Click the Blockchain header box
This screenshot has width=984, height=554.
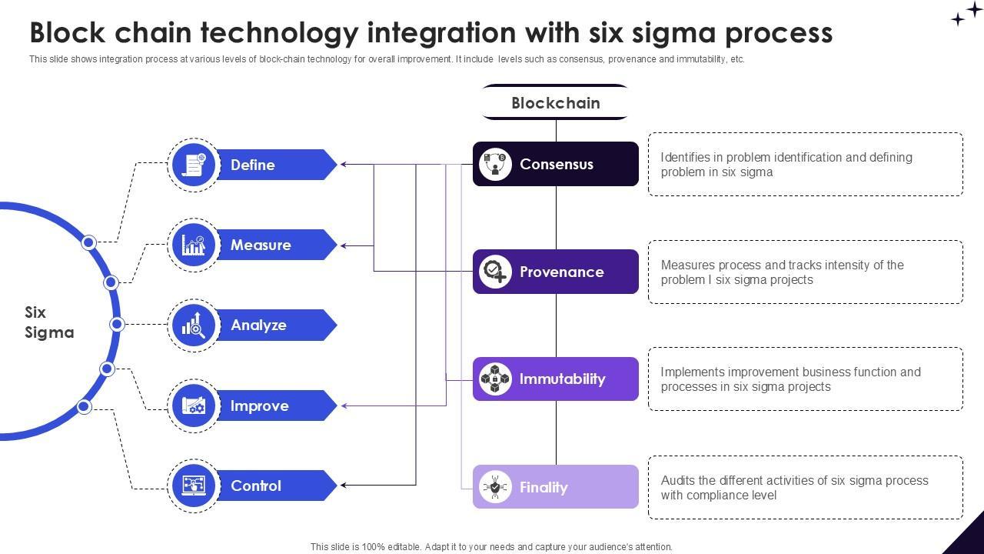556,102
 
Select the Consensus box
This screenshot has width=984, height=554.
556,164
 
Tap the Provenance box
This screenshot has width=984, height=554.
556,272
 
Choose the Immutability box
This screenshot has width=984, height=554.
556,379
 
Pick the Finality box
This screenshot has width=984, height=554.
556,487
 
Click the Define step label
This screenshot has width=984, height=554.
253,165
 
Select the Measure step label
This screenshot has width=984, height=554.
261,245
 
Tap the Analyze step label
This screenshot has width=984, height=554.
258,325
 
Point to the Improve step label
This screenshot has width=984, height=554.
259,405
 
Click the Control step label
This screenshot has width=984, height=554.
256,486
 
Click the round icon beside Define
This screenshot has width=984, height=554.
194,165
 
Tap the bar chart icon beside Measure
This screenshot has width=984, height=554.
194,245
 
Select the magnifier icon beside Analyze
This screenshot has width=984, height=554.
194,325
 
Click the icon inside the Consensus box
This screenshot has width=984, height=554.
495,164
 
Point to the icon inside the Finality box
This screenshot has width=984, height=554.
495,487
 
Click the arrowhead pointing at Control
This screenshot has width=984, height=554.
344,485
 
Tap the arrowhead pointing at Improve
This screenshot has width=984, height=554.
344,405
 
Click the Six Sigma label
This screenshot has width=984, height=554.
49,322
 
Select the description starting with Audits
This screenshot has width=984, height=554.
794,488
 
